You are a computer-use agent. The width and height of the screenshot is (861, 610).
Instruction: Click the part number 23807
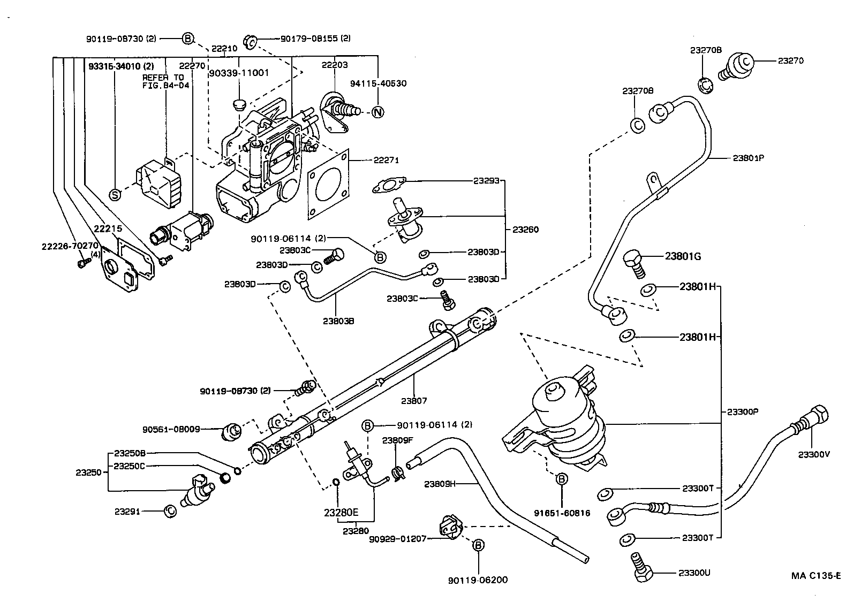pos(414,400)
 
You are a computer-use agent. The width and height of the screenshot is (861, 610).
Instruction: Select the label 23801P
pos(748,158)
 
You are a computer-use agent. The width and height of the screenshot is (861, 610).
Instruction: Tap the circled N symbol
pos(378,112)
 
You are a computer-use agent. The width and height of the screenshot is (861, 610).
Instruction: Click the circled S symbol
pos(115,194)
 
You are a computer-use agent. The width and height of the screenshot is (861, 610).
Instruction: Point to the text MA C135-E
pos(816,576)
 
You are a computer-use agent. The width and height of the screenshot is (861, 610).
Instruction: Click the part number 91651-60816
pos(562,513)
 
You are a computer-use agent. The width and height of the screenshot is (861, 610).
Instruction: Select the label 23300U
pos(694,573)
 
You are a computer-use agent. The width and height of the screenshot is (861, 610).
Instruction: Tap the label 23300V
pos(814,454)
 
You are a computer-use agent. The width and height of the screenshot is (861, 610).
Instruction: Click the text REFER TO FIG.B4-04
pos(163,81)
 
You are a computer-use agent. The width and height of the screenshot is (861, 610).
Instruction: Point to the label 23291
pos(127,511)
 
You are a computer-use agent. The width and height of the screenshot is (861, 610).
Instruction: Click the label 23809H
pos(440,484)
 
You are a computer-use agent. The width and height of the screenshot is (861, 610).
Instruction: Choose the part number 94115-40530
pos(378,83)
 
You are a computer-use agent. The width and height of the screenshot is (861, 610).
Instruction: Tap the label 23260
pos(525,230)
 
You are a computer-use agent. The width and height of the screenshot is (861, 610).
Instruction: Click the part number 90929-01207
pos(397,538)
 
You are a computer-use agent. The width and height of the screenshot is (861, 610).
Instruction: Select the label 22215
pos(108,228)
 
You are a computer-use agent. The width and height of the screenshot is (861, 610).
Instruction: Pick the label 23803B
pos(338,321)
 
